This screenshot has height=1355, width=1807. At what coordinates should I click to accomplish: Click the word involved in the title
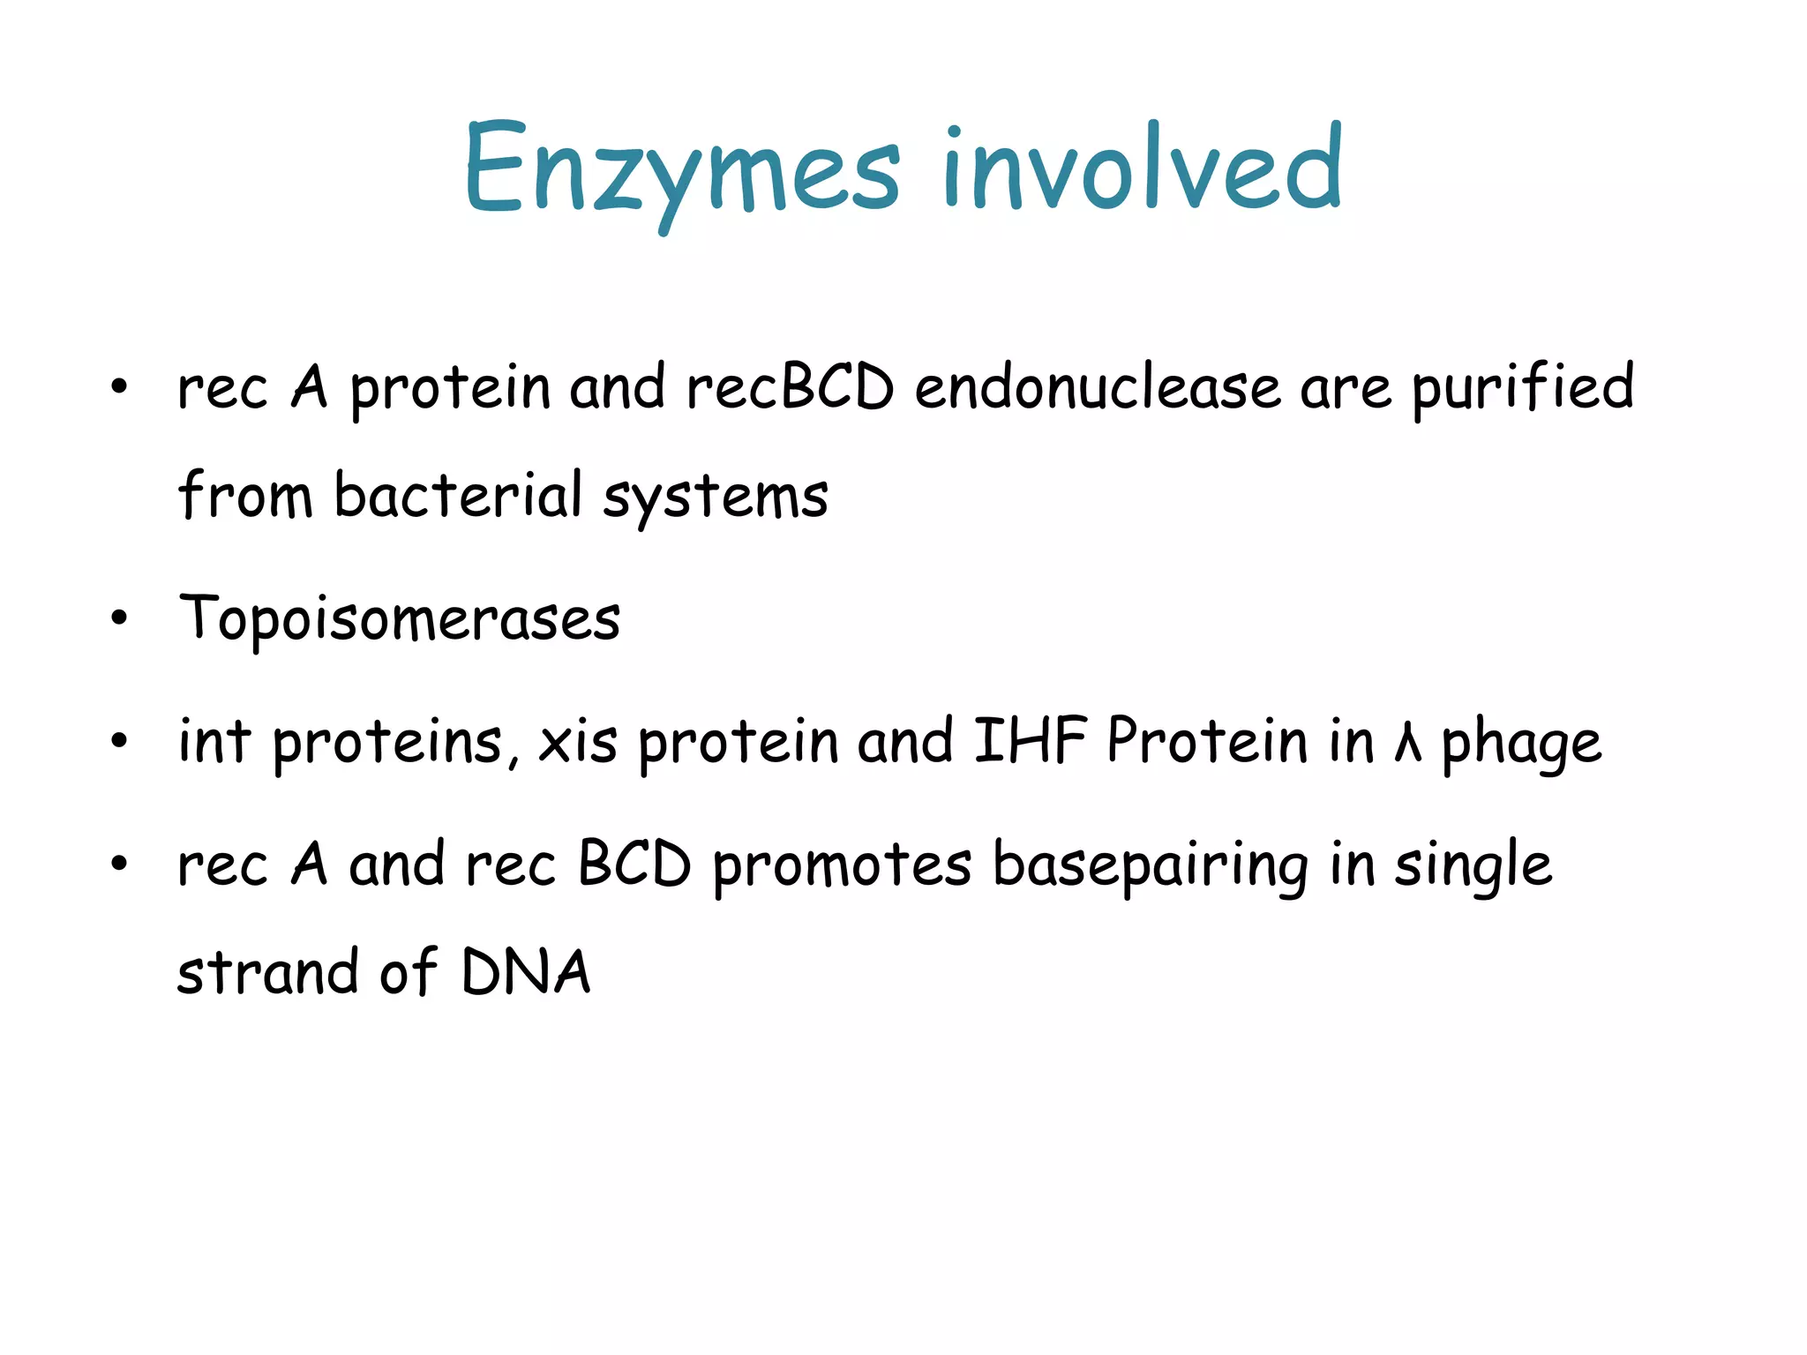pyautogui.click(x=1142, y=169)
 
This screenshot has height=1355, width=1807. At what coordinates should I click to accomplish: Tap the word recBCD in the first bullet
pyautogui.click(x=790, y=388)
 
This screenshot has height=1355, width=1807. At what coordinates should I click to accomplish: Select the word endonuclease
pyautogui.click(x=1097, y=388)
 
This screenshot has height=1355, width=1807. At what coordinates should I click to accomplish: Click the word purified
pyautogui.click(x=1522, y=388)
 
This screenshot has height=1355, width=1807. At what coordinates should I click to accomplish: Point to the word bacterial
pyautogui.click(x=458, y=496)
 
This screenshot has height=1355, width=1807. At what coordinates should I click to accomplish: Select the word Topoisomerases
pyautogui.click(x=400, y=619)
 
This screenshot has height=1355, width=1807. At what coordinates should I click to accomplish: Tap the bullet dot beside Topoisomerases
pyautogui.click(x=119, y=618)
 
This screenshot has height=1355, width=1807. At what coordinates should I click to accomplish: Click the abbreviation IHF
pyautogui.click(x=1029, y=741)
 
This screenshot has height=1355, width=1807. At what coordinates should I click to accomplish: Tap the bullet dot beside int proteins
pyautogui.click(x=119, y=741)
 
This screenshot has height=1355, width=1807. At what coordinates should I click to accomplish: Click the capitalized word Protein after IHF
pyautogui.click(x=1207, y=741)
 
